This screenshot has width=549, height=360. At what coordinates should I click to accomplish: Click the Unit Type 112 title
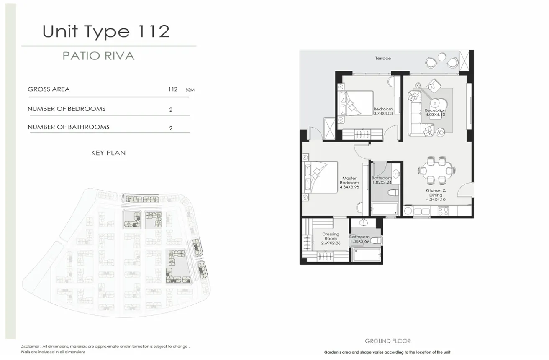[x=106, y=31]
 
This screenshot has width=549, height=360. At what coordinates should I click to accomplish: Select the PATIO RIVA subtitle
[x=98, y=56]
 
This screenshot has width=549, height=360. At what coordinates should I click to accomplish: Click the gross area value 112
[x=173, y=89]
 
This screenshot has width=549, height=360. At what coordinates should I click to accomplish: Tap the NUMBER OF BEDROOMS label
[x=67, y=109]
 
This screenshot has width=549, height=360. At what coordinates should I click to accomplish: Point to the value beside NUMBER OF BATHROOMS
[x=171, y=128]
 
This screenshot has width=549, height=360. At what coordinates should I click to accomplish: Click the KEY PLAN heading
[x=108, y=153]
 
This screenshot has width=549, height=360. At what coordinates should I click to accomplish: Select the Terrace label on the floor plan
[x=383, y=59]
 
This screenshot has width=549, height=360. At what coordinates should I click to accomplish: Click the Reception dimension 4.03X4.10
[x=436, y=115]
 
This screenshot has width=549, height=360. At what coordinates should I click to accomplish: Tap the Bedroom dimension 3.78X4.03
[x=383, y=113]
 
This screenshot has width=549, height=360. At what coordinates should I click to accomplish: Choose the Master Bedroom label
[x=349, y=180]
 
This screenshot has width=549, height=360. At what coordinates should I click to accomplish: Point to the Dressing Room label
[x=331, y=236]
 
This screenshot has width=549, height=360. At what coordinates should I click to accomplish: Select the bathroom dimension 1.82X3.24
[x=382, y=183]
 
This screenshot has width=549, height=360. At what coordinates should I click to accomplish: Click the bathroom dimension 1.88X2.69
[x=359, y=241]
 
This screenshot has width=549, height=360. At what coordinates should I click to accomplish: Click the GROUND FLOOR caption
[x=387, y=341]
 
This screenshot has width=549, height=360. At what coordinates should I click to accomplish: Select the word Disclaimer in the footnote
[x=30, y=347]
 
